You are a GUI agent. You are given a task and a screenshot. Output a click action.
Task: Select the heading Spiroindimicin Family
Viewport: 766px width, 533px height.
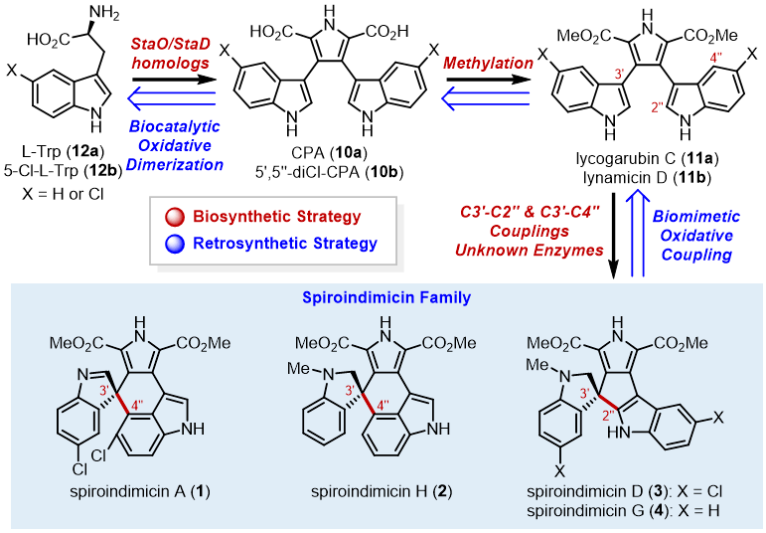pyautogui.click(x=383, y=296)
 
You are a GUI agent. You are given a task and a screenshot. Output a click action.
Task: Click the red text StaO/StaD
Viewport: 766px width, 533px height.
pyautogui.click(x=170, y=46)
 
